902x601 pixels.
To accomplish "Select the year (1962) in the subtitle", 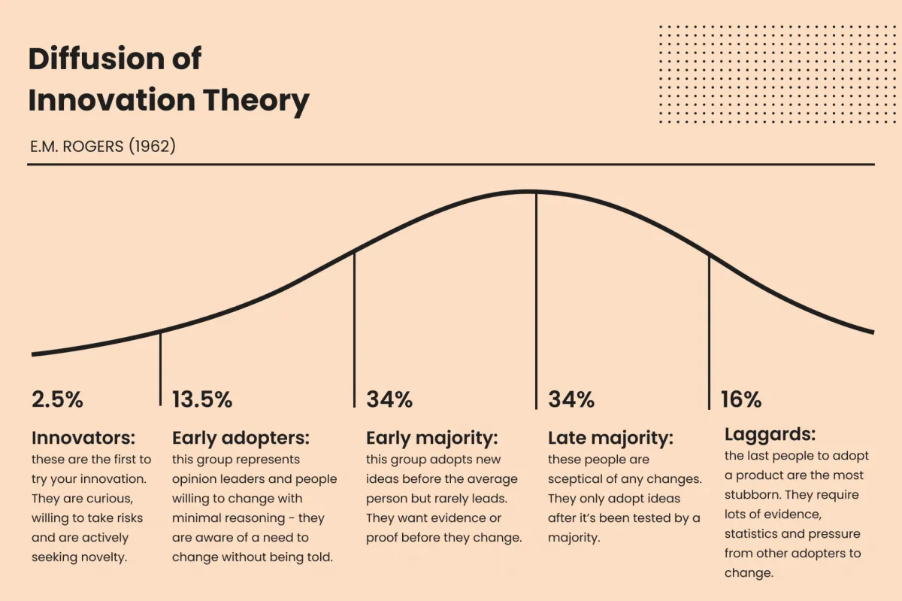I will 152,145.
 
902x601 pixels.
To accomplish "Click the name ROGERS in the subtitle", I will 95,145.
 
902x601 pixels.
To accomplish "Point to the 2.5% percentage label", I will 57,399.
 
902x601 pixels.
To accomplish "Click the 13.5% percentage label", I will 202,399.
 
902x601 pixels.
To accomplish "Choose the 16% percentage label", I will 741,399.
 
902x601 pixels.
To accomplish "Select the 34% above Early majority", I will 389,399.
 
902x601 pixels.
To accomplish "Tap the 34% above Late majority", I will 571,399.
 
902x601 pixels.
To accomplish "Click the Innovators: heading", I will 83,438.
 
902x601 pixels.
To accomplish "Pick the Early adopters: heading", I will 241,438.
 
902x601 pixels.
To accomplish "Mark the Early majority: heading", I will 432,438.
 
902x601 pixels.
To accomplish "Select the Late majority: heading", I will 610,438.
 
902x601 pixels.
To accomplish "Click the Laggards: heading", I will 770,435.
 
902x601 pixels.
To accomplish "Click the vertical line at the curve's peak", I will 536,301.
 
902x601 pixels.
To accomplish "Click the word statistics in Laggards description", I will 752,534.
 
